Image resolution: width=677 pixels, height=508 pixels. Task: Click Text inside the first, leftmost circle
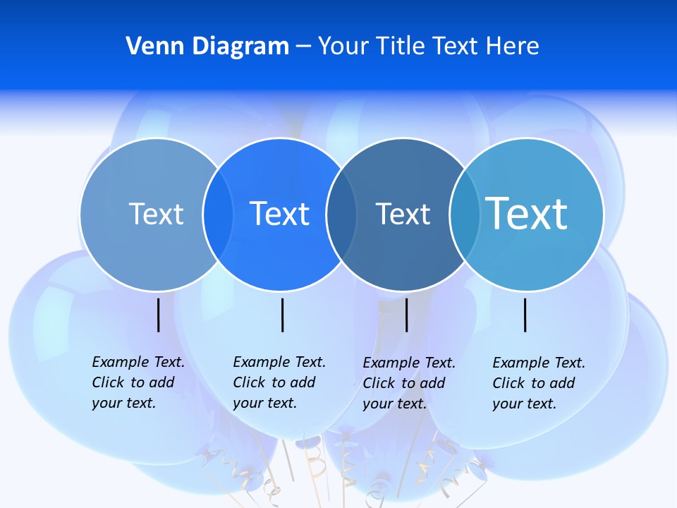coord(156,214)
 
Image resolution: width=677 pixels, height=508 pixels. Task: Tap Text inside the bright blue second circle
coord(279,214)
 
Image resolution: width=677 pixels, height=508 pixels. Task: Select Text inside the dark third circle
coord(403,214)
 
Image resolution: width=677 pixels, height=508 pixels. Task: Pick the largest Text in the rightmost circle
coord(527,213)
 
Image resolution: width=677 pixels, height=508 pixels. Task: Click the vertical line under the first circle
coord(158,315)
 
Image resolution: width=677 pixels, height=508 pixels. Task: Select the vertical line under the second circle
coord(282,315)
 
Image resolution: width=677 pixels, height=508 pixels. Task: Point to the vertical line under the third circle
coord(406,315)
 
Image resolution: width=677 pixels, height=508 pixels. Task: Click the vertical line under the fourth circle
coord(525,315)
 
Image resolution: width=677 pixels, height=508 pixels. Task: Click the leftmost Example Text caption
coord(138,382)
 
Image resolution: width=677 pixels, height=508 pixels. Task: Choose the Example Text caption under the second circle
coord(279,382)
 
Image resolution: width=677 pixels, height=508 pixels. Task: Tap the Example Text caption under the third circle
coord(409,383)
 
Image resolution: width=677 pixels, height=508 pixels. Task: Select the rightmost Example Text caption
coord(539,383)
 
